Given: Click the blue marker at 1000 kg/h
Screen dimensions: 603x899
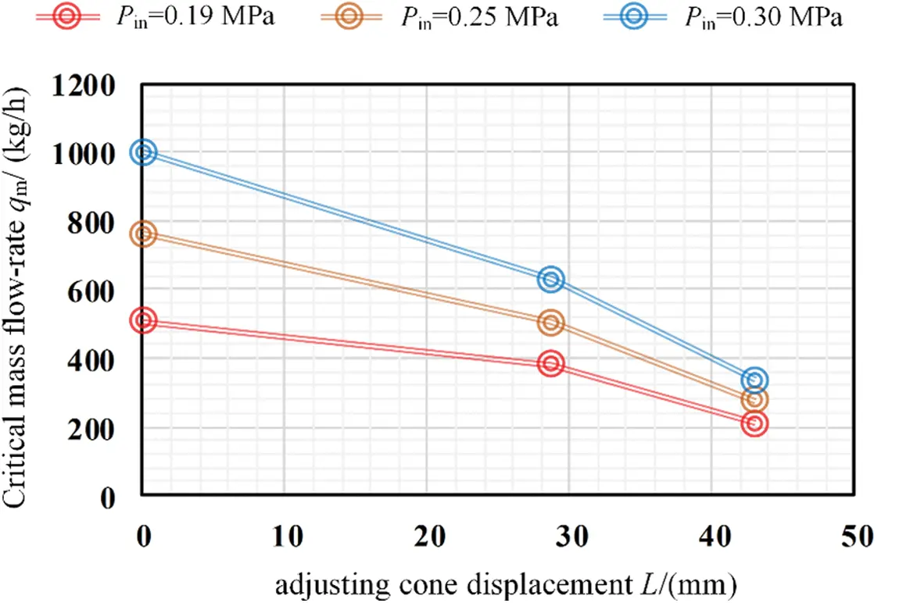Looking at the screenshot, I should pos(143,152).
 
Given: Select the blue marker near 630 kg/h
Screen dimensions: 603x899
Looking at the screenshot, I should pos(551,279).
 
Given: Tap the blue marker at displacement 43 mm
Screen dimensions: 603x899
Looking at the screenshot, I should pos(754,380).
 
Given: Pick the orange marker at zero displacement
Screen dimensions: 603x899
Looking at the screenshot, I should pos(143,234).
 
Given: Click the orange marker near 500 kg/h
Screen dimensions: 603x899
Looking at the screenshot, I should pos(551,323).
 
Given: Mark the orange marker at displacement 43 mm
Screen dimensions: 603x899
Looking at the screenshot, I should pos(754,400).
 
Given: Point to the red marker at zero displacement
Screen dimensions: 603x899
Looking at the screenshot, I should pos(143,319).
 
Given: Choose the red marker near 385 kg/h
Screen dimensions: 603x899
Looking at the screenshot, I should pos(551,363).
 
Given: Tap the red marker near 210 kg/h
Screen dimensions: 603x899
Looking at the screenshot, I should pos(754,424).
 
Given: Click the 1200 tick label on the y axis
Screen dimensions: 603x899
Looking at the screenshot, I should pos(83,84).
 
